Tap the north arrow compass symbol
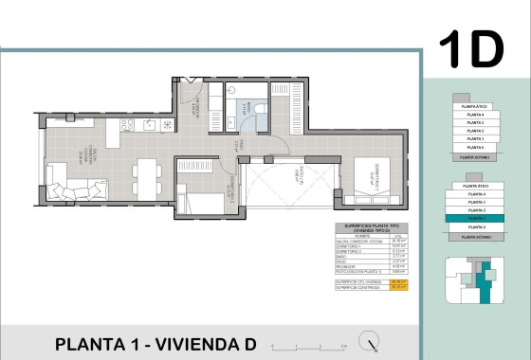click(375, 343)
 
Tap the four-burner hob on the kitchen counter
click(168, 125)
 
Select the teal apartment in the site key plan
click(486, 287)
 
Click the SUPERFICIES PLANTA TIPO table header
click(369, 229)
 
